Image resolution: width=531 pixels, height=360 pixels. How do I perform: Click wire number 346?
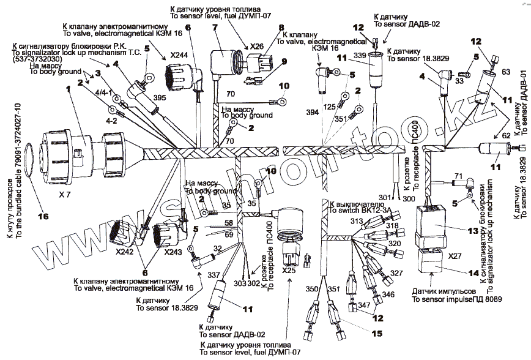(x=388, y=294)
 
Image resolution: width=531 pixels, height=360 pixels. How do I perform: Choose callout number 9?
(x=284, y=61)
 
